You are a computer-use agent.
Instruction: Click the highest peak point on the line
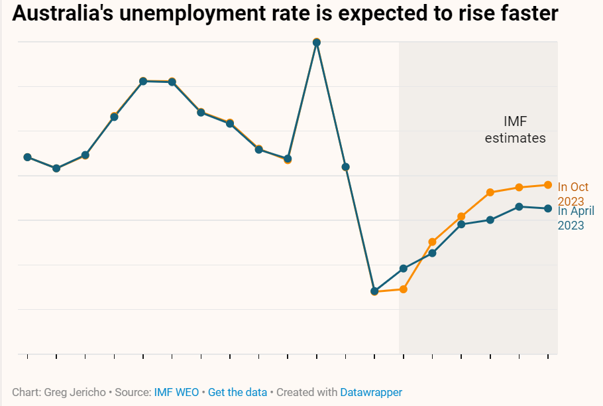tap(317, 42)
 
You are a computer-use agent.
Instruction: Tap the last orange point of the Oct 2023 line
tap(548, 185)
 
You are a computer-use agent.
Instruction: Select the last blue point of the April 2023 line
tap(548, 208)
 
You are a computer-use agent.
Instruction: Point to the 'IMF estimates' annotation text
tap(515, 130)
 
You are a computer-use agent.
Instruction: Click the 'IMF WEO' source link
tap(176, 392)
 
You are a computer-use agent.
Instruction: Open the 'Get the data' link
tap(237, 392)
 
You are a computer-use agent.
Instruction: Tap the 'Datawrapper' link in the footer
tap(371, 392)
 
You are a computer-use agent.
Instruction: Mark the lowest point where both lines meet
tap(374, 291)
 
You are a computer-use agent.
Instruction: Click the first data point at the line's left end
tap(28, 157)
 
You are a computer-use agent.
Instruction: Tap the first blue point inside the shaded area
tap(404, 269)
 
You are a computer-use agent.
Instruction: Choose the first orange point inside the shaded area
tap(404, 289)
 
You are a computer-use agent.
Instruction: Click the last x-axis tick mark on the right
tap(548, 358)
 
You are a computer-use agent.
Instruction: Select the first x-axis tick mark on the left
tap(28, 358)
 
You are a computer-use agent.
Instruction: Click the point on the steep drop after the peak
tap(345, 167)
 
